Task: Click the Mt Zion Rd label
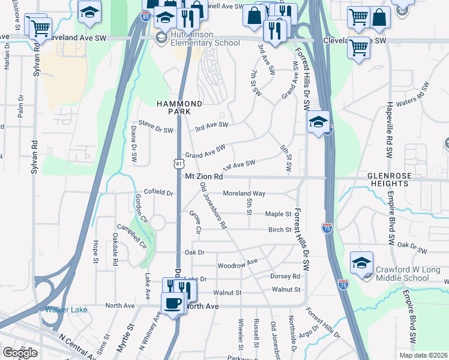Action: pyautogui.click(x=204, y=177)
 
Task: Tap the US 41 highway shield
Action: pyautogui.click(x=178, y=163)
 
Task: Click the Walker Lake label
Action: pyautogui.click(x=66, y=310)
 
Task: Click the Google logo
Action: pyautogui.click(x=20, y=352)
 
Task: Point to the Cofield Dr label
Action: pyautogui.click(x=158, y=193)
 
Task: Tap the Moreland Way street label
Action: pyautogui.click(x=244, y=193)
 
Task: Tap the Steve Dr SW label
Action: pyautogui.click(x=155, y=130)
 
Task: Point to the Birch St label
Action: pyautogui.click(x=280, y=229)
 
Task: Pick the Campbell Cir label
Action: pyautogui.click(x=136, y=236)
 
